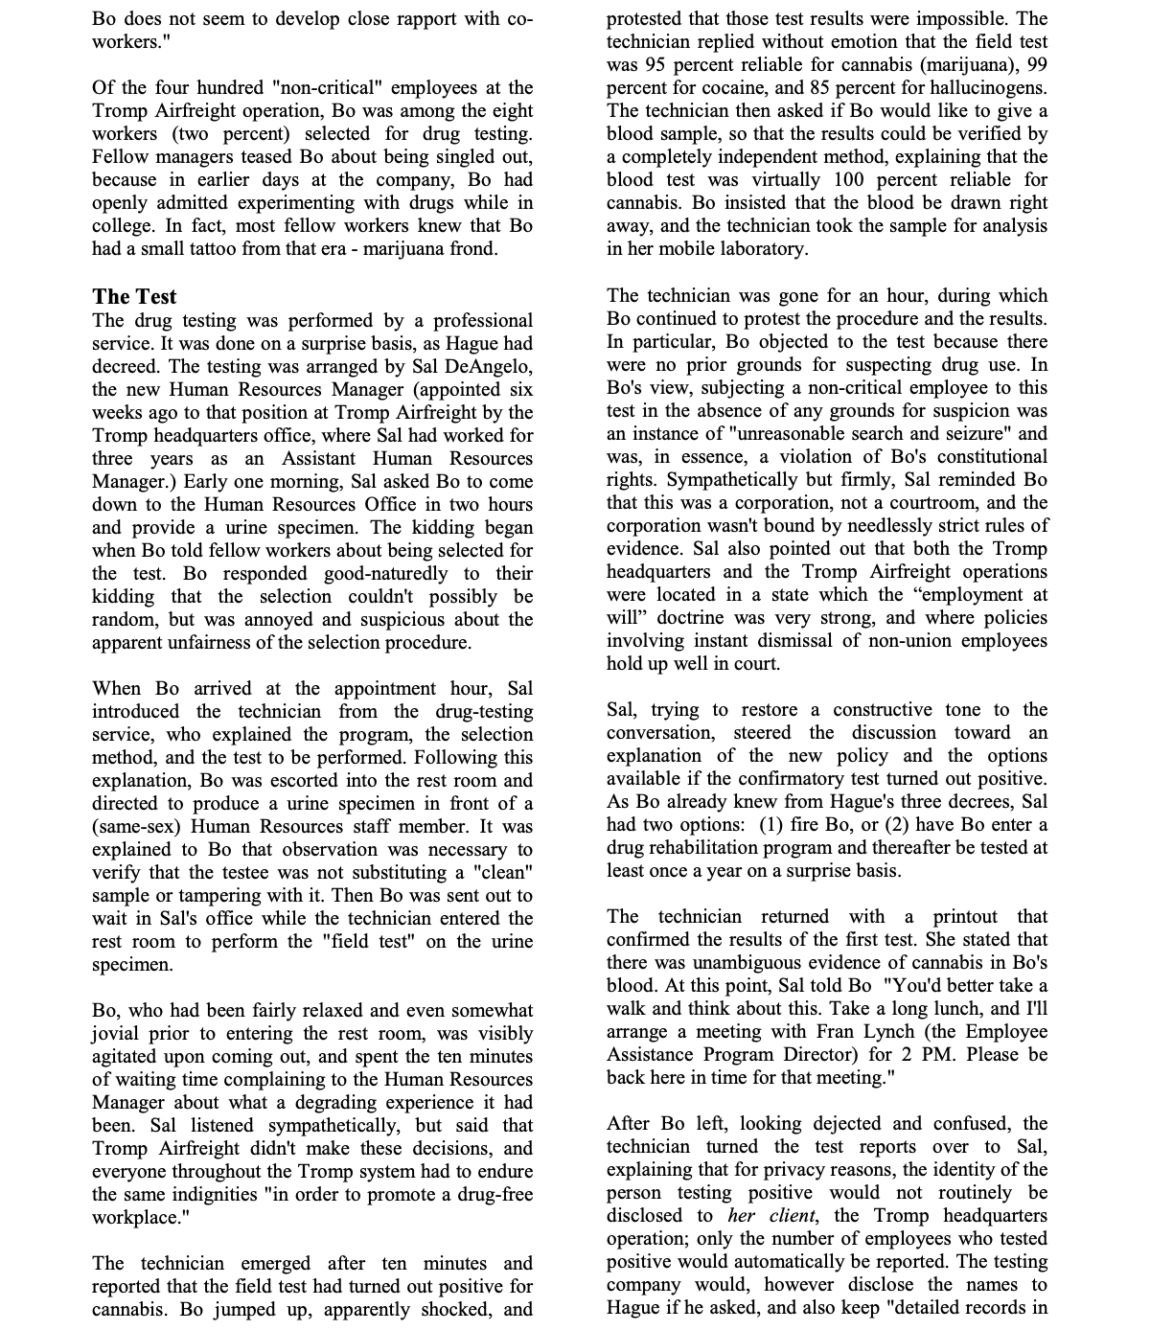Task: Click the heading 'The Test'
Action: click(134, 296)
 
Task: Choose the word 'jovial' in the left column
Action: click(118, 1033)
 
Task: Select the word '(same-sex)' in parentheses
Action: click(135, 826)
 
